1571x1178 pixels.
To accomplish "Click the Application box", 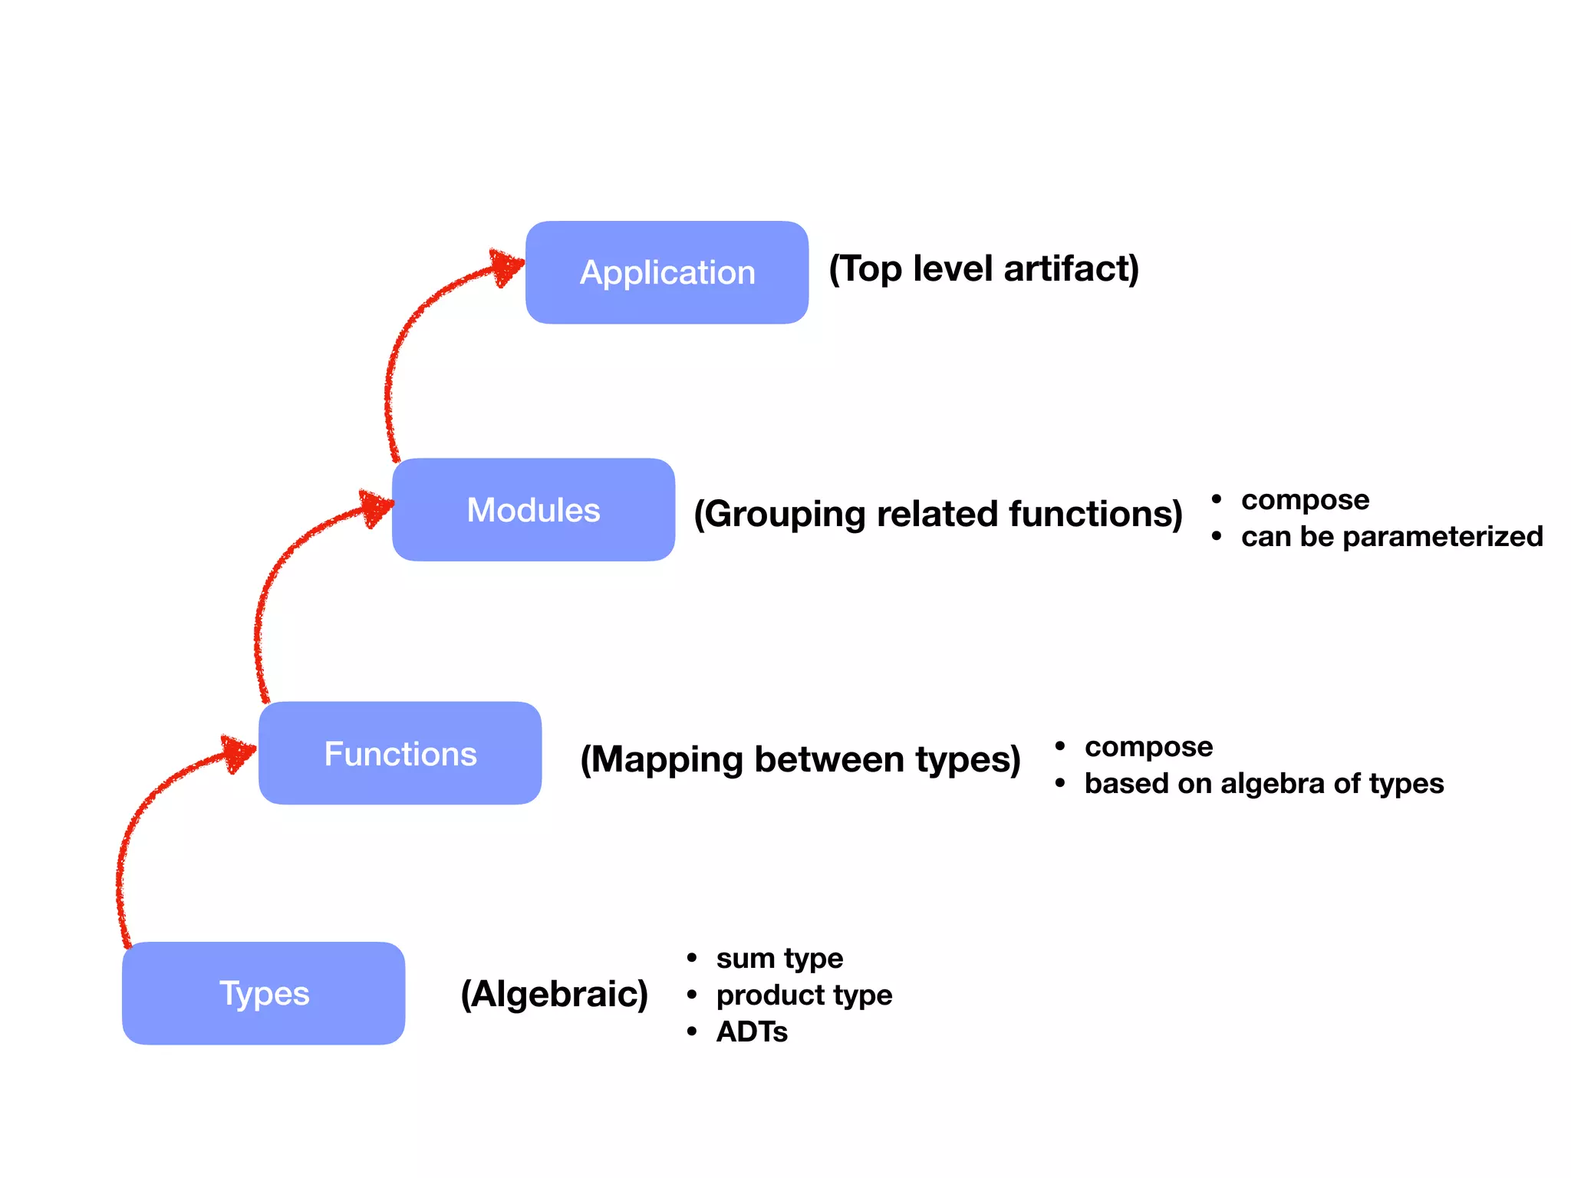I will click(x=667, y=272).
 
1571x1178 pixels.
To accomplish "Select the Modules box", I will click(x=533, y=510).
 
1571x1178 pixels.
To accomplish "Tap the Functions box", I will click(x=400, y=753).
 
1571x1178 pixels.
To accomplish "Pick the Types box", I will click(x=263, y=993).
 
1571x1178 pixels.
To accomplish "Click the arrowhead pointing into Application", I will click(x=507, y=267).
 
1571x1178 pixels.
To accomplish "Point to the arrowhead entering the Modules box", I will click(x=377, y=508).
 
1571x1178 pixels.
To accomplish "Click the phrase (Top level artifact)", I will click(x=983, y=269).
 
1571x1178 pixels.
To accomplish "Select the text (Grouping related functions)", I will click(x=937, y=514).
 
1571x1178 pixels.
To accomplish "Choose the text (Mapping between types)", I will click(x=800, y=759).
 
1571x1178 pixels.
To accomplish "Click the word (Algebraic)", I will click(x=554, y=994).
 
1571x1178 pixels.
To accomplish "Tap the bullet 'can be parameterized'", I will click(x=1392, y=536).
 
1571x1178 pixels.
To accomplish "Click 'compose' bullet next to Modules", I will click(x=1305, y=499).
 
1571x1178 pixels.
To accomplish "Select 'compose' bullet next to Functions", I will click(x=1148, y=746).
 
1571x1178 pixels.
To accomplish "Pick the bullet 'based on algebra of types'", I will click(x=1263, y=783).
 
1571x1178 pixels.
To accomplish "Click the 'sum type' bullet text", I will click(x=779, y=958).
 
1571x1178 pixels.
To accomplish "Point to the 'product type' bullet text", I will click(x=804, y=995).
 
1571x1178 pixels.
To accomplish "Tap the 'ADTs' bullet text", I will click(x=752, y=1032).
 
